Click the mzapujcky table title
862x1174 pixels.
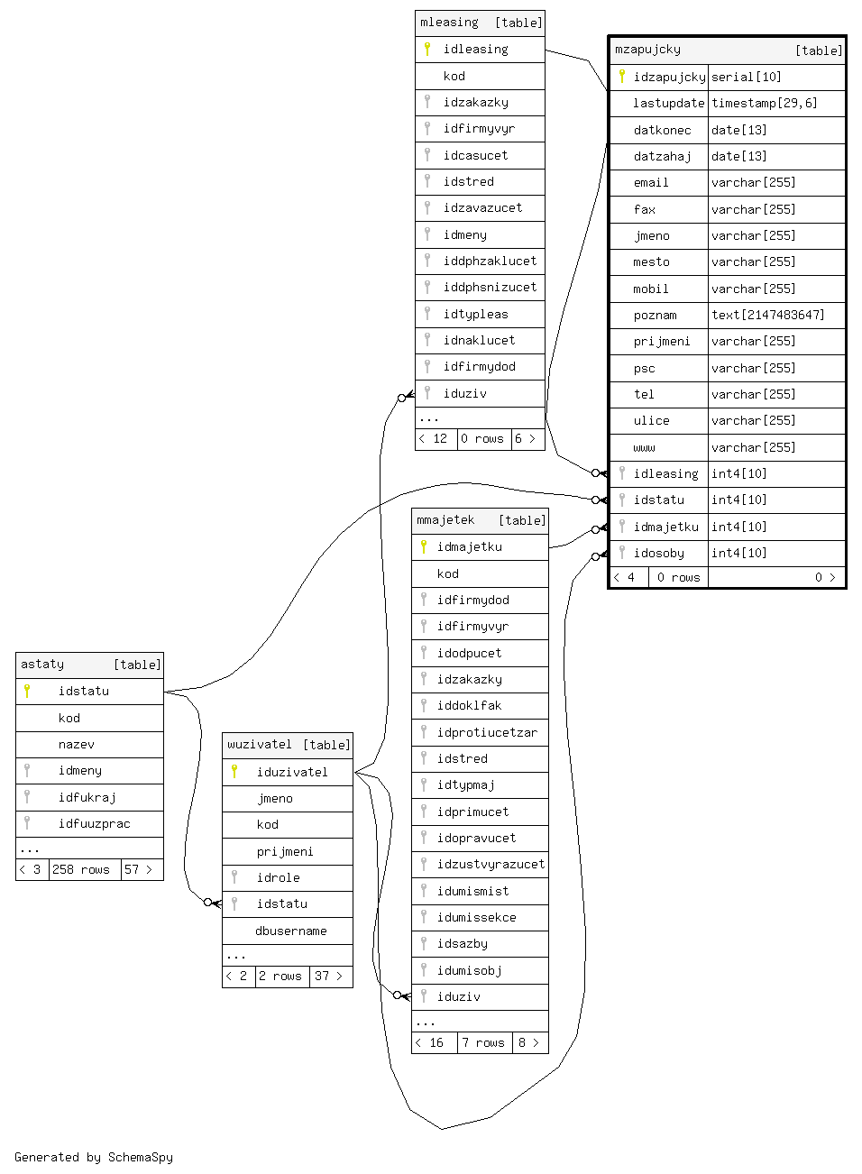pos(647,50)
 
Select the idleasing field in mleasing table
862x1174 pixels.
pos(475,50)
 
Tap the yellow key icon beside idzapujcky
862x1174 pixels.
pos(622,77)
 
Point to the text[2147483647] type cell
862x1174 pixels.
pos(767,315)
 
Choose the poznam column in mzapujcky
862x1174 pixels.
pos(655,315)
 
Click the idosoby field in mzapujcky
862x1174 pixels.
pos(658,553)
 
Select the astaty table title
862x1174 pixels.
pos(42,665)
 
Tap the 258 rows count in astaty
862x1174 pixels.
pos(81,869)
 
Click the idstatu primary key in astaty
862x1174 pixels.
pos(83,692)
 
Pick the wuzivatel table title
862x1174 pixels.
pos(260,745)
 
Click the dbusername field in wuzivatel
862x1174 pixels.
pos(290,931)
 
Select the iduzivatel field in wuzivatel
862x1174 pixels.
pos(292,772)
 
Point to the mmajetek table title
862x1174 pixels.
pos(445,520)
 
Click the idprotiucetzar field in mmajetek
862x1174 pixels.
pos(487,732)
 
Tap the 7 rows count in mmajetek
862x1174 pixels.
pos(483,1042)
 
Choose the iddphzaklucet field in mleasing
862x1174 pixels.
pos(490,261)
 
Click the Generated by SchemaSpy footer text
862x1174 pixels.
pos(94,1157)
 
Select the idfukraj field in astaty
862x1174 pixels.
pos(87,797)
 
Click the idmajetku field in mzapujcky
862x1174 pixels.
pos(665,527)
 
